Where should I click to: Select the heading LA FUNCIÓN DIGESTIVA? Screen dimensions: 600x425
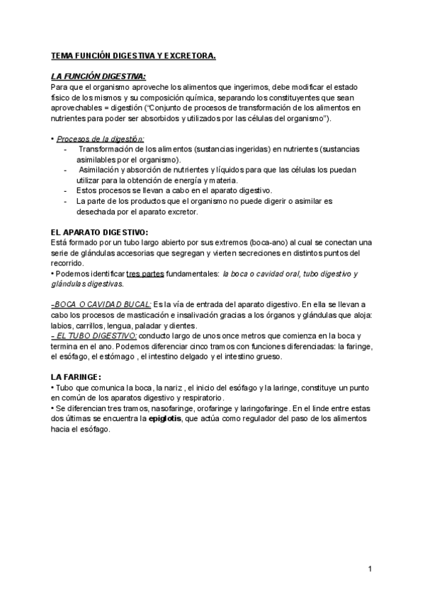(x=98, y=76)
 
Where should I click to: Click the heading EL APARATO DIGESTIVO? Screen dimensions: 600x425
(x=100, y=231)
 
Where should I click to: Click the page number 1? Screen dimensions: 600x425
(x=370, y=570)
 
